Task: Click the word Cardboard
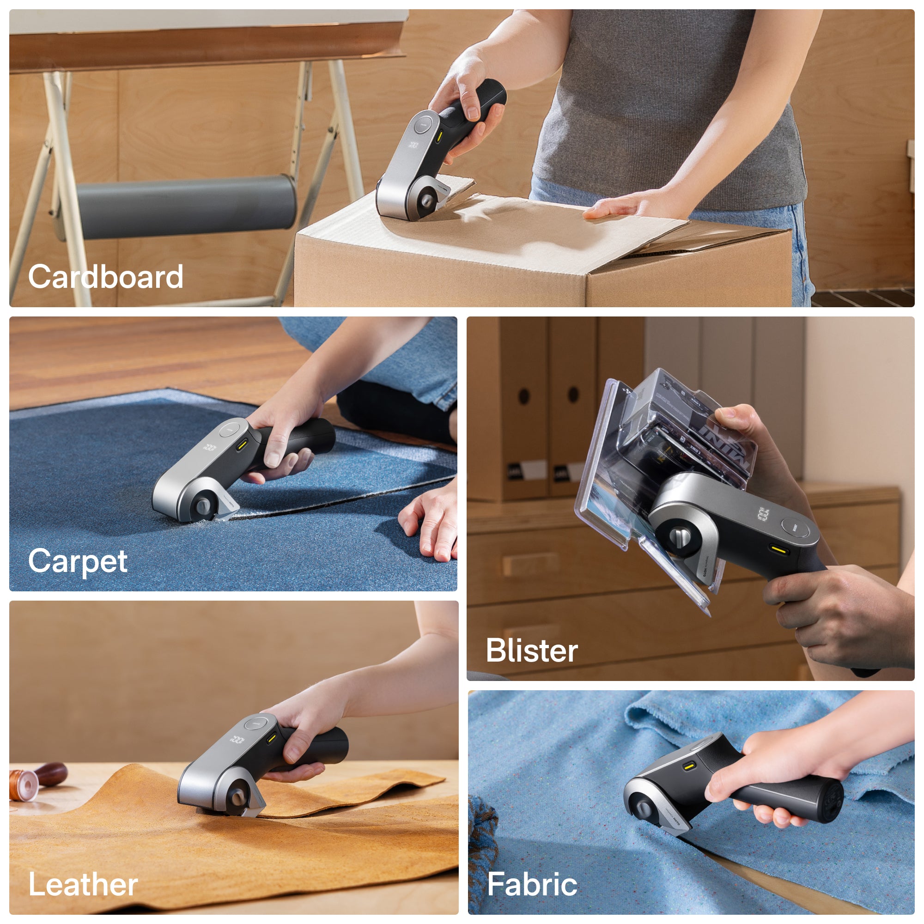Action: point(106,277)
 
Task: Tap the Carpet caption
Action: point(78,561)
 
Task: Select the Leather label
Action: point(83,885)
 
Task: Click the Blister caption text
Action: point(532,651)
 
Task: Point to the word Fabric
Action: point(532,884)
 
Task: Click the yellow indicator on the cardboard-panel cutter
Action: point(438,138)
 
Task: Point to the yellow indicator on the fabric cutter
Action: point(689,766)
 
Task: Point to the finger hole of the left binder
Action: point(524,396)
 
